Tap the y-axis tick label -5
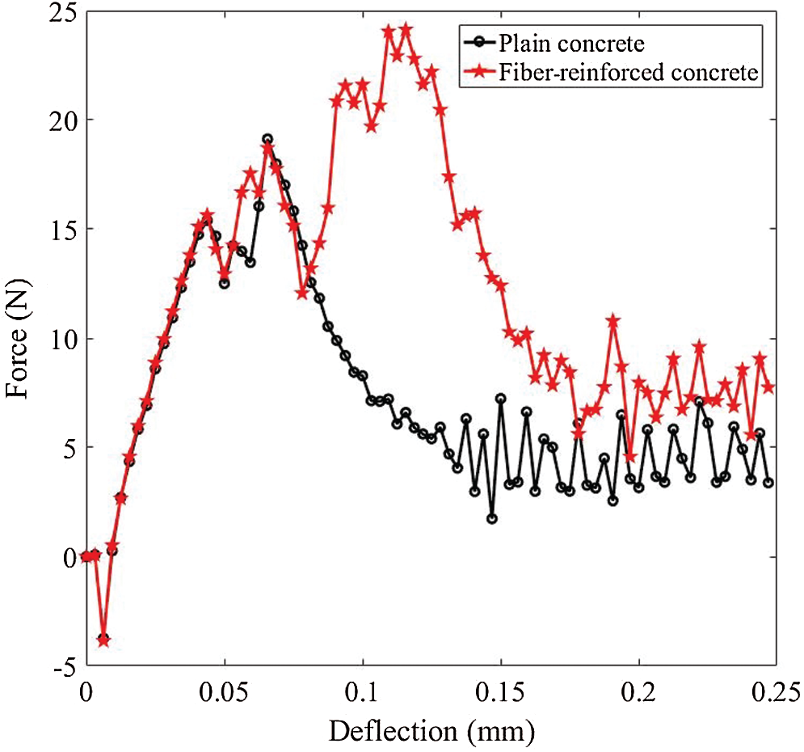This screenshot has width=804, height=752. point(60,666)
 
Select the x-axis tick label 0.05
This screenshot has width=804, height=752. point(224,693)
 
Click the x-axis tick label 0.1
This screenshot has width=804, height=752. point(364,693)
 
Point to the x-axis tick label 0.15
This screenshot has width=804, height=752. point(501,693)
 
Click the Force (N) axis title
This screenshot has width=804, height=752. point(19,341)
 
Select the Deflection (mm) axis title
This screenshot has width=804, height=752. point(431,732)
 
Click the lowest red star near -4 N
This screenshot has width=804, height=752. point(103,640)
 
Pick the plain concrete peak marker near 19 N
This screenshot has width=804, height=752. point(267,139)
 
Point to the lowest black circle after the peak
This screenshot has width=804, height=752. point(492,518)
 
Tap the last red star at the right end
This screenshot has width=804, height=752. point(768,388)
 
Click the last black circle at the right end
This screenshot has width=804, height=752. point(768,483)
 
